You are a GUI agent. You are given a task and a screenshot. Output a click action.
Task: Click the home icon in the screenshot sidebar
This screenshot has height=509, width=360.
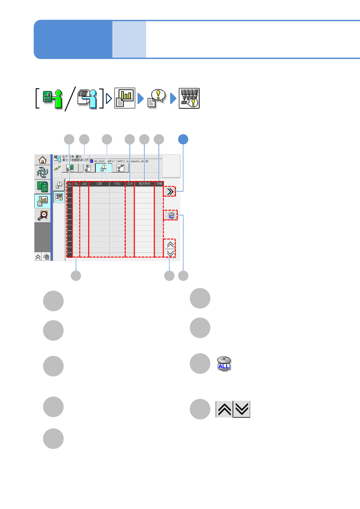tap(42, 160)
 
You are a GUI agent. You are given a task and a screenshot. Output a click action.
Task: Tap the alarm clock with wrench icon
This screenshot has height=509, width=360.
tap(43, 215)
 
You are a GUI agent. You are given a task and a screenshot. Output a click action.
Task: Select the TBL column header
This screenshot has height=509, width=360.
tap(76, 184)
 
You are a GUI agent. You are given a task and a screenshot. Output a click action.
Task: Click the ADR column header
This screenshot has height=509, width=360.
tap(84, 184)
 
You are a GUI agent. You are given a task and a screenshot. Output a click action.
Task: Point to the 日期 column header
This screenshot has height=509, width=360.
tap(99, 184)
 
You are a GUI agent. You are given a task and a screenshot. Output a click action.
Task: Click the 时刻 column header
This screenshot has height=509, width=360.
tap(117, 184)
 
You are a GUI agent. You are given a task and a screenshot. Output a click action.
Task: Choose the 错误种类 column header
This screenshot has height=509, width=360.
tap(145, 184)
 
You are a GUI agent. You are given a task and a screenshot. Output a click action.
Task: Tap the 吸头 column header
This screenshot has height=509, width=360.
tap(130, 184)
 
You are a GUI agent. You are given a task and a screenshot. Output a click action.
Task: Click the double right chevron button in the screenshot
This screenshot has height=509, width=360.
tap(170, 192)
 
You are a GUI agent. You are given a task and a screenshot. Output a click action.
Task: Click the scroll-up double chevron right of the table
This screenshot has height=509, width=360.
tap(170, 245)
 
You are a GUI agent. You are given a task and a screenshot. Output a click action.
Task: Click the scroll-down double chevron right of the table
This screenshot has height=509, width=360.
tap(170, 253)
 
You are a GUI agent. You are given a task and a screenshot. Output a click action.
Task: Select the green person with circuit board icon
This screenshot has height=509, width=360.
tap(53, 99)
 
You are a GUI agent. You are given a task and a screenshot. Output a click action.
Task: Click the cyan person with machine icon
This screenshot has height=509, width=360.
tap(87, 99)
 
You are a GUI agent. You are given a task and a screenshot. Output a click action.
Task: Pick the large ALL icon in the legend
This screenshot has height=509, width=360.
tap(224, 364)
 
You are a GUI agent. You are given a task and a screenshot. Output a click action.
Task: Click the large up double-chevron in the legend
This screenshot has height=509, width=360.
tap(224, 409)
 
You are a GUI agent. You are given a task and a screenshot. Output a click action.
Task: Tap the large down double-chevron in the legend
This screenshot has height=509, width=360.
tap(242, 409)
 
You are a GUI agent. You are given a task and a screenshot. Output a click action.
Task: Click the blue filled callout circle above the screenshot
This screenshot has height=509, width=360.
tap(183, 139)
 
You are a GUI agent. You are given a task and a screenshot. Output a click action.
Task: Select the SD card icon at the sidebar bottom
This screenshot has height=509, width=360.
tap(46, 257)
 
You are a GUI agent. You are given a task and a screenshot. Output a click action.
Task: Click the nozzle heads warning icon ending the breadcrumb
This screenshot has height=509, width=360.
tap(189, 99)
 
